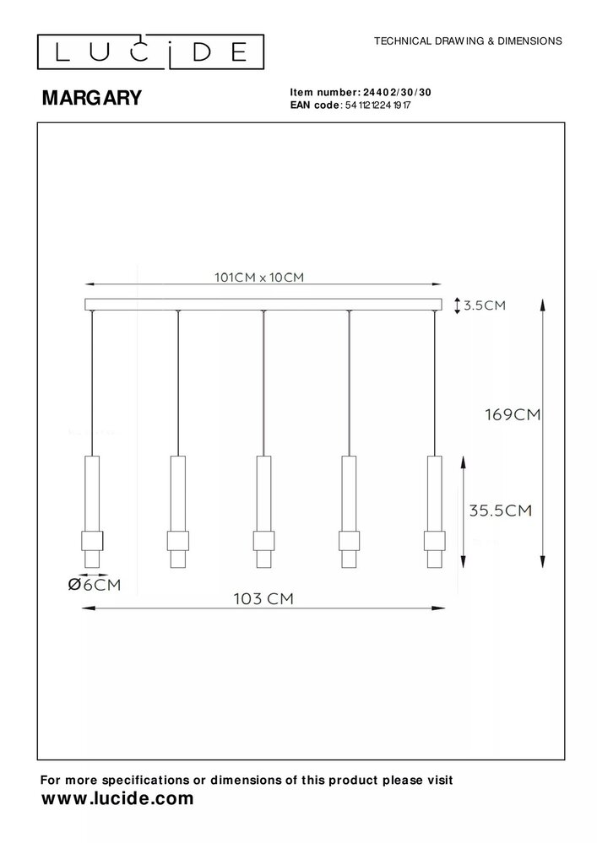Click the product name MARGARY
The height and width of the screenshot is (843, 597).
point(92,98)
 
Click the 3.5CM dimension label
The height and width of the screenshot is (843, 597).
point(485,305)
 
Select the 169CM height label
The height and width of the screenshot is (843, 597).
point(512,414)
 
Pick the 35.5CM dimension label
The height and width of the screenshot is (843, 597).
point(502,510)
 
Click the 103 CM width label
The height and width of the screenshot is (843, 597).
point(263,598)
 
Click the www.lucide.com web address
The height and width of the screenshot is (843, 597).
point(117,797)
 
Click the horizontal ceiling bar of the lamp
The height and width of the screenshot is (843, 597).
point(263,305)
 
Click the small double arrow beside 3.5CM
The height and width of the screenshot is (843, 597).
point(457,305)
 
